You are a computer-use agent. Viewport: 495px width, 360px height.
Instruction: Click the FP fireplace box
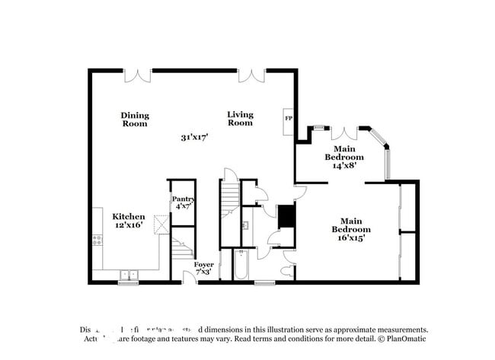tap(289, 119)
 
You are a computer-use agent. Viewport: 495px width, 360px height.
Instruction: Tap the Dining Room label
tap(135, 119)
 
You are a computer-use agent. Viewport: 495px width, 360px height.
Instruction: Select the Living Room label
tap(240, 119)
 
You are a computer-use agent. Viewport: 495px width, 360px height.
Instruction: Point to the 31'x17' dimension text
tap(194, 138)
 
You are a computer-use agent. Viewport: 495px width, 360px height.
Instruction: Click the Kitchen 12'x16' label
tap(129, 221)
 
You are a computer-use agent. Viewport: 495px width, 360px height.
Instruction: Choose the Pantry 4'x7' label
tap(183, 202)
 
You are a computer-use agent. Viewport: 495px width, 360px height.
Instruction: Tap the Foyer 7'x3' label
tap(203, 268)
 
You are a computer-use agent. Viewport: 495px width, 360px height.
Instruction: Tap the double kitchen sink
tap(127, 274)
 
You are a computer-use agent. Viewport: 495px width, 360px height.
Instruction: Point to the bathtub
tap(241, 266)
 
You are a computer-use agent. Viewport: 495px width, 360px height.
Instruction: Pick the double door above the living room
tap(251, 75)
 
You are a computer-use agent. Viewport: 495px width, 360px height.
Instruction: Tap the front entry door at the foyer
tap(190, 278)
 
